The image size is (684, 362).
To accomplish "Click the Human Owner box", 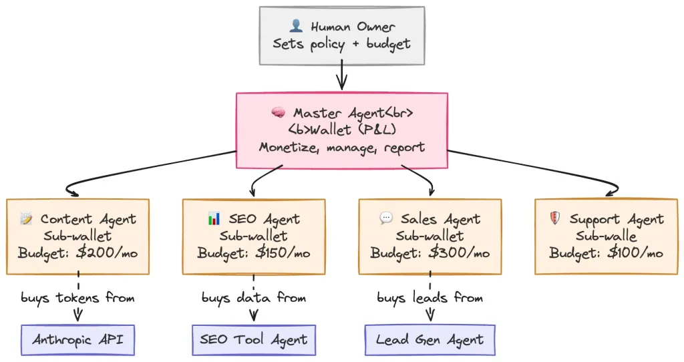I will (x=341, y=35).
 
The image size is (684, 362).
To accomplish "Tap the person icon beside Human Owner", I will (x=297, y=27).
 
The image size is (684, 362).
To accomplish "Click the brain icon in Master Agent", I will (x=279, y=112).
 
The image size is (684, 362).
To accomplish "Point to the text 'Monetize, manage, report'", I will (x=341, y=147).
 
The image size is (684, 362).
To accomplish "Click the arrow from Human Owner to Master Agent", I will (x=341, y=75).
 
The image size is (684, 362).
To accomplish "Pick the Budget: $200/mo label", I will (x=78, y=253).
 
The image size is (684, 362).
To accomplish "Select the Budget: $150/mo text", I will (x=254, y=253).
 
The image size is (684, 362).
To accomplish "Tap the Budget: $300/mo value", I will (x=430, y=253).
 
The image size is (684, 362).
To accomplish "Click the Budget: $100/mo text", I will (x=606, y=253).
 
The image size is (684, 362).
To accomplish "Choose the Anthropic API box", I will (x=78, y=340).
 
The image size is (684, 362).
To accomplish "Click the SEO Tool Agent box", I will (x=254, y=340).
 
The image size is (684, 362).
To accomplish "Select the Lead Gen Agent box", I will (x=430, y=340).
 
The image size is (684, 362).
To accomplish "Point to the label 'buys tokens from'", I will (x=78, y=297).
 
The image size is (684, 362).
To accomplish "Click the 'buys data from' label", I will (x=254, y=297).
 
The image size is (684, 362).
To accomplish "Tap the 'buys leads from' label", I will (x=430, y=297).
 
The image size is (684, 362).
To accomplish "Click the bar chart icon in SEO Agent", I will (x=214, y=218).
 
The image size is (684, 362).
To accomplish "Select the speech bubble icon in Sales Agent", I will (x=385, y=218).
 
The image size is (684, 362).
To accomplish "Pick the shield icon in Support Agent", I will (x=554, y=218).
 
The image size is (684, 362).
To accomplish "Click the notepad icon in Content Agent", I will (x=27, y=218).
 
